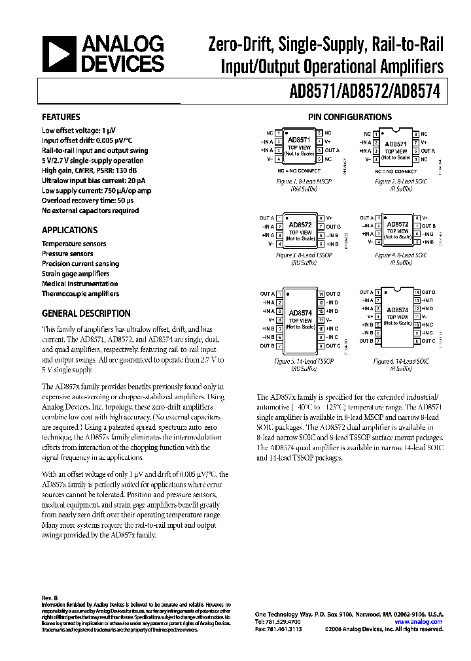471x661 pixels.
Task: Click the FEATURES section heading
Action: [61, 118]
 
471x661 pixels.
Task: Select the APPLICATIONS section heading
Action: [69, 230]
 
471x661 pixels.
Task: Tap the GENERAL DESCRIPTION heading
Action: [86, 313]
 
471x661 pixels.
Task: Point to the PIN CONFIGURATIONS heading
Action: [350, 117]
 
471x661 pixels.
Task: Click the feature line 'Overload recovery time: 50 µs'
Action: [90, 201]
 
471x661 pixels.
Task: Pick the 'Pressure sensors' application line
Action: [67, 253]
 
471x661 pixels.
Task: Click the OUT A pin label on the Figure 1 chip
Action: [332, 150]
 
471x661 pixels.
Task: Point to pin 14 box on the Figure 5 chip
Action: [321, 295]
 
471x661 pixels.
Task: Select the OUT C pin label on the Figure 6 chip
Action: [428, 341]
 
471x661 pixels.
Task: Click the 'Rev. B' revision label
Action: [50, 598]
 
